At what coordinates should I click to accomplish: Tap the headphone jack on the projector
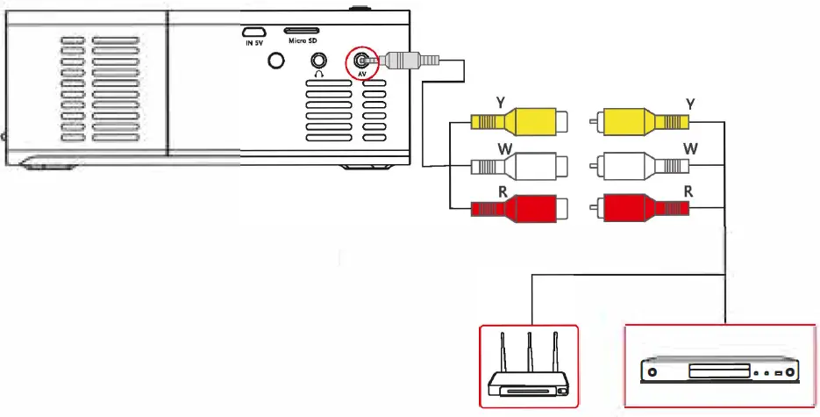coord(317,61)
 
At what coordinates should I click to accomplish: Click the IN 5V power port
coord(254,31)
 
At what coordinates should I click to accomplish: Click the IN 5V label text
coord(253,41)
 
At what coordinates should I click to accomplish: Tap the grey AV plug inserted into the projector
coord(404,60)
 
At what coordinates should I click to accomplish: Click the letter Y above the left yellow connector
coord(500,102)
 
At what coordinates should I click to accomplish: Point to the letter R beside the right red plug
coord(689,190)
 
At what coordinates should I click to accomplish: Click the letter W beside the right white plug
coord(690,147)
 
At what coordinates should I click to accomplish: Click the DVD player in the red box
coord(719,371)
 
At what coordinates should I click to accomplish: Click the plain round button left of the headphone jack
coord(277,61)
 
